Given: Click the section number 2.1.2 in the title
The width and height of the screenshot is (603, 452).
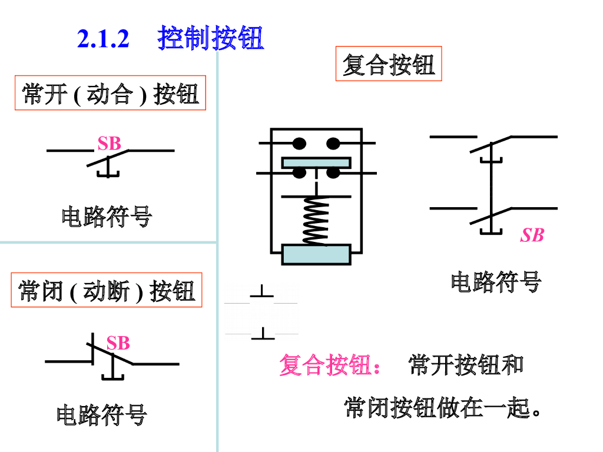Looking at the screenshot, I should click(103, 39).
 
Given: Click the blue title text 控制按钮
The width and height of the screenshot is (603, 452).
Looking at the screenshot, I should click(211, 39).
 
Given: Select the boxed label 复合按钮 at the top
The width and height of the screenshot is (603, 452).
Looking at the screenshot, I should click(389, 64).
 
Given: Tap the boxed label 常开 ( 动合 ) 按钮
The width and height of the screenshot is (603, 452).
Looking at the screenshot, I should click(110, 94).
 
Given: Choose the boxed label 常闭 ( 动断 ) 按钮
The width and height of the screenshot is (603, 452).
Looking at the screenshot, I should click(107, 290).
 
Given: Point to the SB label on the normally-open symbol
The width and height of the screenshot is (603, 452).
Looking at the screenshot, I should click(109, 143).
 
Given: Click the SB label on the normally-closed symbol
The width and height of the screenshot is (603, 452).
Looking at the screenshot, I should click(118, 343).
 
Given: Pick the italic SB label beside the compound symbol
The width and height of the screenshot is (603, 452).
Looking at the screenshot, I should click(532, 235).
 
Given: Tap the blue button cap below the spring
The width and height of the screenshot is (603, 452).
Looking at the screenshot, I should click(316, 254).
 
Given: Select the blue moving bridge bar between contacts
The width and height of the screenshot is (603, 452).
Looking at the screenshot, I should click(316, 162).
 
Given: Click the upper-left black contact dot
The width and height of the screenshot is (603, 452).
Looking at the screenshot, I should click(300, 143).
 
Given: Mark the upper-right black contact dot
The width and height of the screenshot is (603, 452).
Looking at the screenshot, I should click(333, 143).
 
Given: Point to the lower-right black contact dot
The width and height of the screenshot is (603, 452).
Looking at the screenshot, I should click(333, 173).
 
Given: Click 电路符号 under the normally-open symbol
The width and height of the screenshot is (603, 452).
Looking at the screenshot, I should click(107, 217).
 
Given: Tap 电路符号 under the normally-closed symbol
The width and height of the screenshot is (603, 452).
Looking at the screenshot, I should click(102, 415).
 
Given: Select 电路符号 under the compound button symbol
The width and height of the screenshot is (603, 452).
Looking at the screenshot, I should click(496, 282).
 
